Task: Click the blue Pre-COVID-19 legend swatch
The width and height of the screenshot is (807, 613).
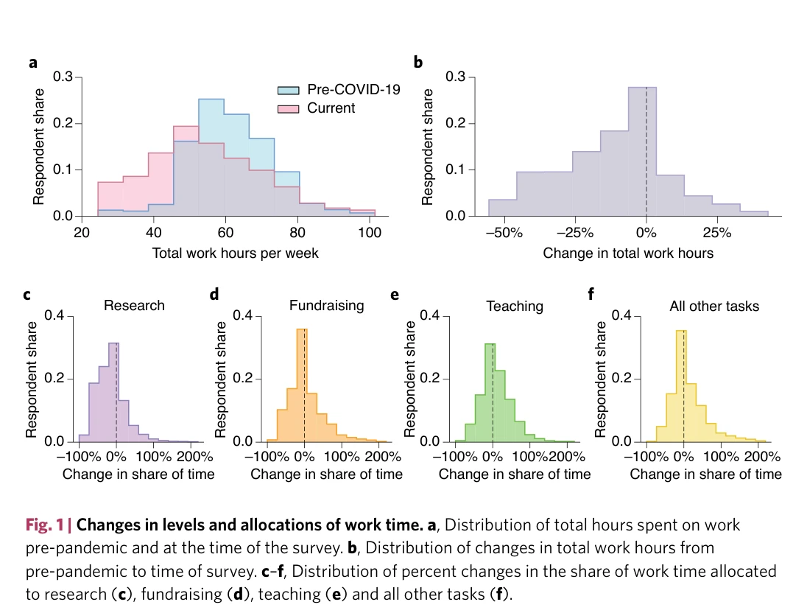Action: pos(287,91)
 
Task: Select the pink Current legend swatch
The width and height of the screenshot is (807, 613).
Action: pos(287,108)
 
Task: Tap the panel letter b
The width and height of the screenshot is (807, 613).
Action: pos(417,63)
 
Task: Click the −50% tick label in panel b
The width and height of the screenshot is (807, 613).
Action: pos(507,233)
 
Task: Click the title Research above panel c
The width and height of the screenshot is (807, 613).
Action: pos(134,305)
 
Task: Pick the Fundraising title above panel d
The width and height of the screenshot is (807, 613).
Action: pos(326,305)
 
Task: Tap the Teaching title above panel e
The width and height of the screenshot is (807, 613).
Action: pos(515,305)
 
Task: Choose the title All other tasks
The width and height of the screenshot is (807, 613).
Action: pos(713,305)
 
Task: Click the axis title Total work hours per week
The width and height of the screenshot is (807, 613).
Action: pos(235,253)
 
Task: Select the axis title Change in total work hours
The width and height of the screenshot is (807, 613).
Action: pos(628,253)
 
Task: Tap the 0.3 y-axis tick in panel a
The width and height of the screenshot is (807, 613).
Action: pos(63,77)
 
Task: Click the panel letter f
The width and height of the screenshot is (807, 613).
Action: pos(591,295)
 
